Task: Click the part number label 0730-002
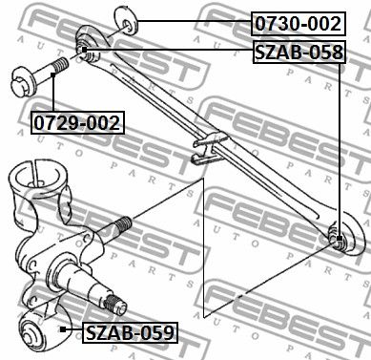pyautogui.click(x=299, y=24)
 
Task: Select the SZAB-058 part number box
pyautogui.click(x=299, y=53)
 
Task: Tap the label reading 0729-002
pyautogui.click(x=77, y=122)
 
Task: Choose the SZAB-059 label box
pyautogui.click(x=130, y=333)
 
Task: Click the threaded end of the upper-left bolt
pyautogui.click(x=60, y=66)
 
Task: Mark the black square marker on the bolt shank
pyautogui.click(x=53, y=74)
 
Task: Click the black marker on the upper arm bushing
pyautogui.click(x=84, y=50)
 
